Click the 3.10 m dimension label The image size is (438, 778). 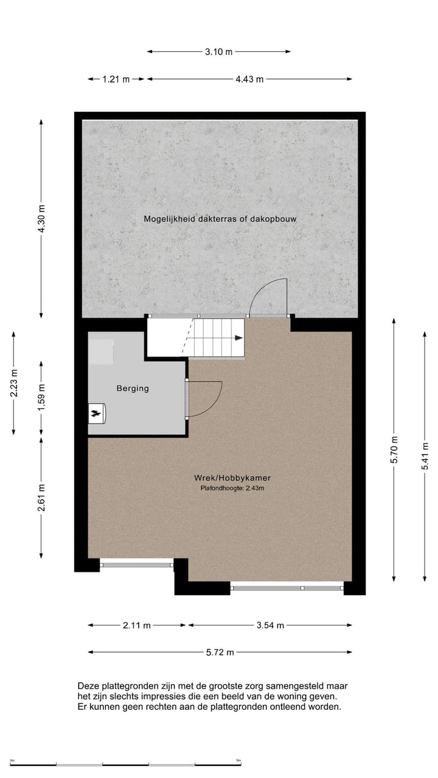(x=218, y=52)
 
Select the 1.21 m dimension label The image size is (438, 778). (x=116, y=79)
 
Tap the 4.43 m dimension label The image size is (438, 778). (x=249, y=79)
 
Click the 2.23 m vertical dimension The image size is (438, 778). (x=14, y=384)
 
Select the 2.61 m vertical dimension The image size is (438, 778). (x=41, y=497)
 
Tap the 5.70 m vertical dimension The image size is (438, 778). (x=394, y=450)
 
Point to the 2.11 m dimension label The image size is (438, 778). (x=136, y=625)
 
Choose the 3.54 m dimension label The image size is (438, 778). (x=269, y=625)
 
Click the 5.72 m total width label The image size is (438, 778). (x=220, y=652)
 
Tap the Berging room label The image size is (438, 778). (x=133, y=388)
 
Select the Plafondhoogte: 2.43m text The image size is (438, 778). (x=231, y=488)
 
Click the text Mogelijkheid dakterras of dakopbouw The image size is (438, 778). (x=220, y=218)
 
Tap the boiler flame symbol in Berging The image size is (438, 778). (x=96, y=414)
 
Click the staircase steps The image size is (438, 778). (x=216, y=337)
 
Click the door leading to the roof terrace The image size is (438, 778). (x=269, y=298)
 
